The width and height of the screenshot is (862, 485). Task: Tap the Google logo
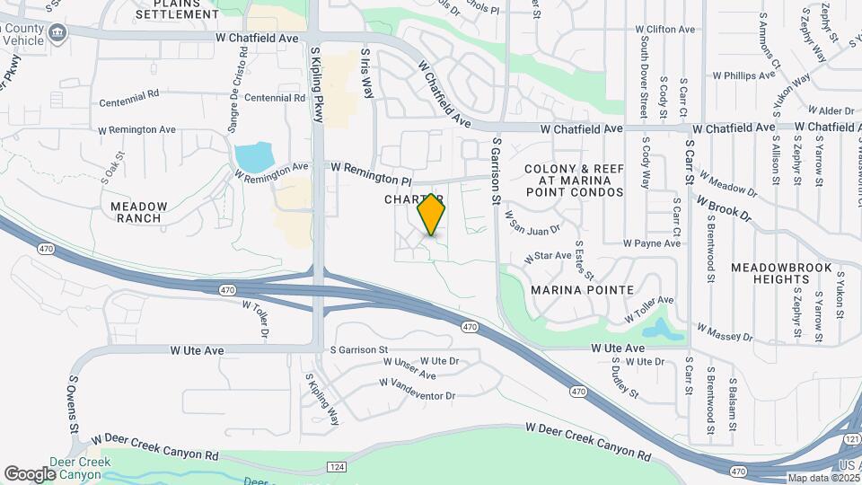click(x=30, y=473)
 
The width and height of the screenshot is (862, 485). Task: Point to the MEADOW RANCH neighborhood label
click(x=137, y=212)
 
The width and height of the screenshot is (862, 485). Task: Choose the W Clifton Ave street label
click(x=665, y=30)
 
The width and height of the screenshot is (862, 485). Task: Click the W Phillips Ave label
click(x=743, y=76)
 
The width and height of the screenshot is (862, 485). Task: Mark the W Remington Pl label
click(x=370, y=168)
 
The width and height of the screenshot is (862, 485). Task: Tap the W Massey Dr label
click(x=725, y=334)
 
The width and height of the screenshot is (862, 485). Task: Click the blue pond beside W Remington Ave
click(x=254, y=157)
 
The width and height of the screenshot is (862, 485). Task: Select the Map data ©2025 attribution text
click(x=823, y=478)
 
